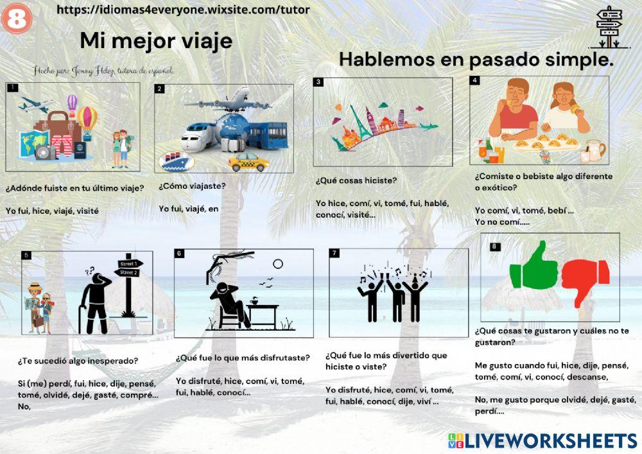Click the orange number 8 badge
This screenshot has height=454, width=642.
coord(16,19)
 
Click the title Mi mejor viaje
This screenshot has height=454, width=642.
coord(156,41)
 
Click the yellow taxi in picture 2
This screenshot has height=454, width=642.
coord(248,162)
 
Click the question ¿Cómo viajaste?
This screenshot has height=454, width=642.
coord(191,186)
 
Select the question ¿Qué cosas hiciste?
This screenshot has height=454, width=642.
coord(356,180)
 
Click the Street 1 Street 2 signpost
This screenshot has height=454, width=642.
coord(128,283)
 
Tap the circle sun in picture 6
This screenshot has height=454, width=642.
coord(277,263)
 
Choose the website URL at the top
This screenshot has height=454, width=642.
coord(183,10)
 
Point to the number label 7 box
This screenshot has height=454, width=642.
coord(334,253)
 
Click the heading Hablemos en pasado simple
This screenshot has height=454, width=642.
coord(476,60)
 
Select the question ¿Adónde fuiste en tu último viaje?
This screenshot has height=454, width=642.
coord(74,188)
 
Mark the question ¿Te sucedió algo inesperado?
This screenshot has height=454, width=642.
coord(78,361)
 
